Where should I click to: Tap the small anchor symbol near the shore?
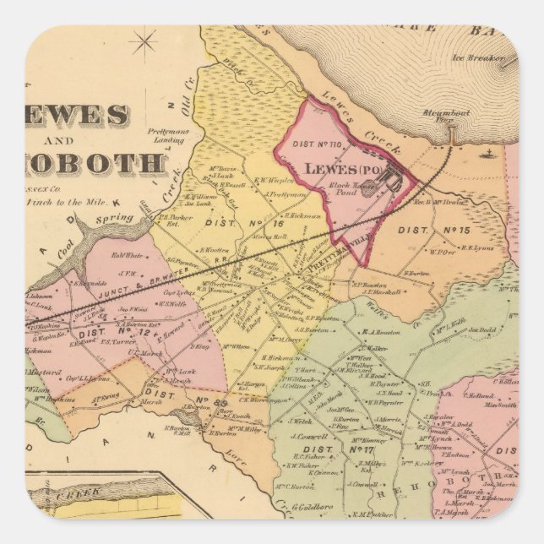[487, 154]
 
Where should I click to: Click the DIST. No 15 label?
[438, 230]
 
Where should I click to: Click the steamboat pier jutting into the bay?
[452, 135]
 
